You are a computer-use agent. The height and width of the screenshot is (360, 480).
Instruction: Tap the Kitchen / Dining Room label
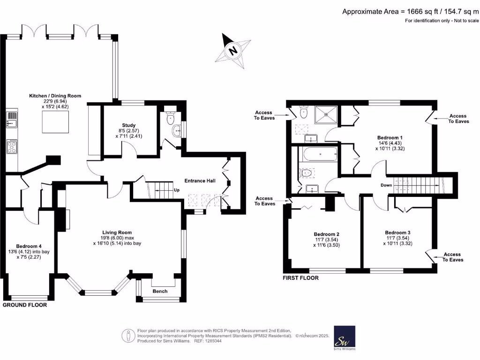(55, 96)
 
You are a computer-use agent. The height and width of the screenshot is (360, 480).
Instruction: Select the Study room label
(129, 125)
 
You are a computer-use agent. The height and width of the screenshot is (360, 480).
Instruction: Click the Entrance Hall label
(200, 180)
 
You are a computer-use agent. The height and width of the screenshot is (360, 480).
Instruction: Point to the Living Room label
(117, 232)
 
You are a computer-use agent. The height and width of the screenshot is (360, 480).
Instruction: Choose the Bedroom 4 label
(29, 246)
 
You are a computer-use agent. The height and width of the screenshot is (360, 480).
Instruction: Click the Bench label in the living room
(160, 291)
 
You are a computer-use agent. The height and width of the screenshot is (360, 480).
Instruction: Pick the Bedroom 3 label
(397, 232)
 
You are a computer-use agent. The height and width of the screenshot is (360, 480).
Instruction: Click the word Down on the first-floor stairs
(386, 185)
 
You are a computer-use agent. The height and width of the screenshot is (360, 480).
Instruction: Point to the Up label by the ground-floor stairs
(177, 190)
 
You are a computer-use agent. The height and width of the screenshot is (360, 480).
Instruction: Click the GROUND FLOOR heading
(25, 305)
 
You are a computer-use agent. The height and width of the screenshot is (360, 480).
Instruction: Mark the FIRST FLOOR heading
(300, 278)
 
